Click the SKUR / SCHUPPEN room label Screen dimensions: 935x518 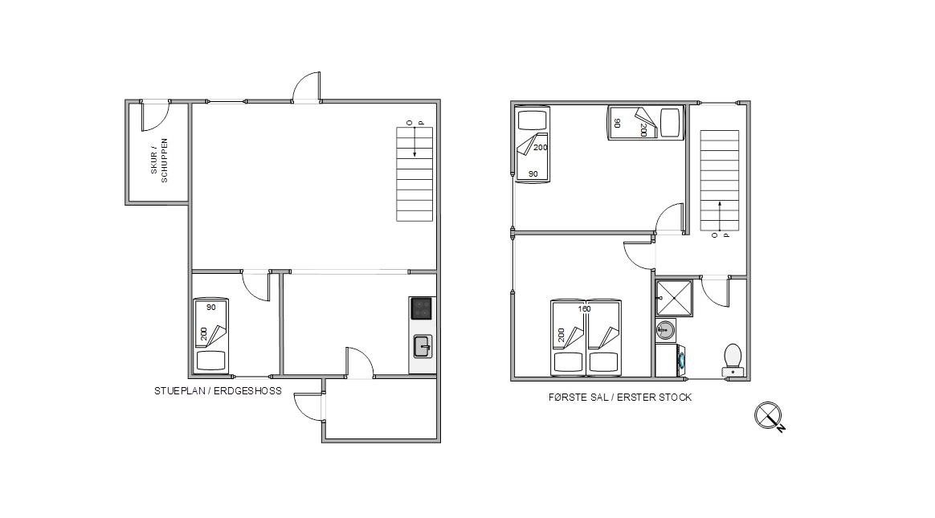(x=159, y=161)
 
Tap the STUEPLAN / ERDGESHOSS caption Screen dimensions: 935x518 (x=218, y=391)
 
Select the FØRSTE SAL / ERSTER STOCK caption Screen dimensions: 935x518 (x=620, y=397)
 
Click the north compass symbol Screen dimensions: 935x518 (x=770, y=416)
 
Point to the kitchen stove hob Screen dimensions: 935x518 (x=422, y=308)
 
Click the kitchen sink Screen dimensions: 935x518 (x=423, y=346)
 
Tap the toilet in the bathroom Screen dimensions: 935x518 (x=733, y=360)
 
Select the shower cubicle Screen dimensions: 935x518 (x=675, y=298)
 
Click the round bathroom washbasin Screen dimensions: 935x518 (x=665, y=329)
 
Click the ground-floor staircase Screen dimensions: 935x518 (x=414, y=174)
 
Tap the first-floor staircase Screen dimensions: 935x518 (x=719, y=181)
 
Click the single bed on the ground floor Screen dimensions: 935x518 (x=211, y=336)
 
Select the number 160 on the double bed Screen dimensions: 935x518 (x=585, y=308)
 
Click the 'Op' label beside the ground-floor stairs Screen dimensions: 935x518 (x=415, y=123)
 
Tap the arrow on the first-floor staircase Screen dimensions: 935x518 (x=720, y=215)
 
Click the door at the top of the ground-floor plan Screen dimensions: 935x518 (x=307, y=87)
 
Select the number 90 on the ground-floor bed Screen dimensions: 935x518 (x=210, y=308)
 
